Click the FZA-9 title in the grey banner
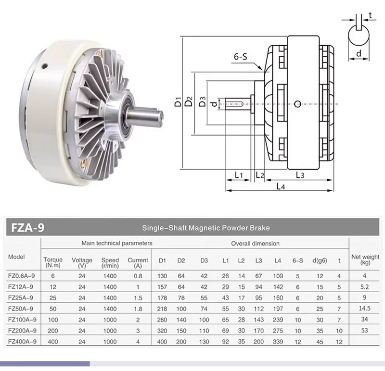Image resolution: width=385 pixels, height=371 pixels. (28, 228)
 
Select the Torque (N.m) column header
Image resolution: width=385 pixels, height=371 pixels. (53, 262)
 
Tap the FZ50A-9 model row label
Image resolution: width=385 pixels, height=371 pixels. (21, 309)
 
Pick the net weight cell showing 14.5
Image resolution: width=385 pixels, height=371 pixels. (364, 309)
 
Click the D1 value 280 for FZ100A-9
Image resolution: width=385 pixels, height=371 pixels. (162, 320)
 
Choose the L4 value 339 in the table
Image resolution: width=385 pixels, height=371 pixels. (278, 342)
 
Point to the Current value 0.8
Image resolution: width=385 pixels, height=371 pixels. (138, 276)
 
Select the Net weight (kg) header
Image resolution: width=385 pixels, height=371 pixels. (365, 260)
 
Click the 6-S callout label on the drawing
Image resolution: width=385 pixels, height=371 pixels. (240, 57)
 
